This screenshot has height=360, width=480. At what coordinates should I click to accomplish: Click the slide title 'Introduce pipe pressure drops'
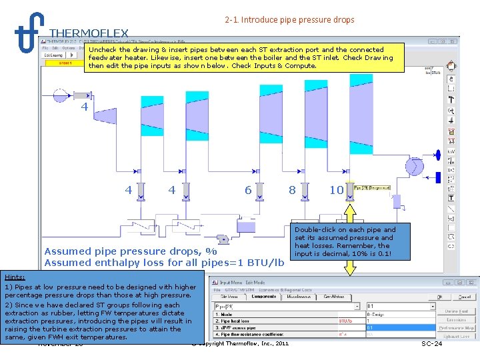297,20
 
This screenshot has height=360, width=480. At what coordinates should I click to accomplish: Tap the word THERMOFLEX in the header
89,33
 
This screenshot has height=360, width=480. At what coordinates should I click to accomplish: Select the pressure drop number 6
248,191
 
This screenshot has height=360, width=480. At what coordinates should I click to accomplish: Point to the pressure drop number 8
292,190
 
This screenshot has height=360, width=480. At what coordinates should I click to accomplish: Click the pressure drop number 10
337,191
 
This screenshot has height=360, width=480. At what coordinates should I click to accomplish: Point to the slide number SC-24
432,343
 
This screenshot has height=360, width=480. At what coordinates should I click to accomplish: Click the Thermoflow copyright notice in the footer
240,343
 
